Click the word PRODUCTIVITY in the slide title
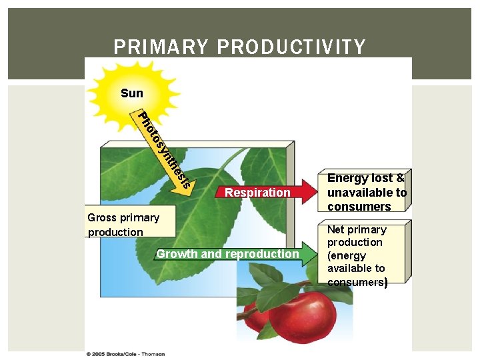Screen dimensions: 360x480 pos(291,47)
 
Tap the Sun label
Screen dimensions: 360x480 pos(132,93)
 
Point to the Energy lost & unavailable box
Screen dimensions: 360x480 pos(367,192)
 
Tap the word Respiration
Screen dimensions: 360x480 pos(258,193)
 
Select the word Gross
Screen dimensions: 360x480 pos(102,217)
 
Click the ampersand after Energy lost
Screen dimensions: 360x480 pos(400,179)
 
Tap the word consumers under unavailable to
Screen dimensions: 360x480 pos(359,207)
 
